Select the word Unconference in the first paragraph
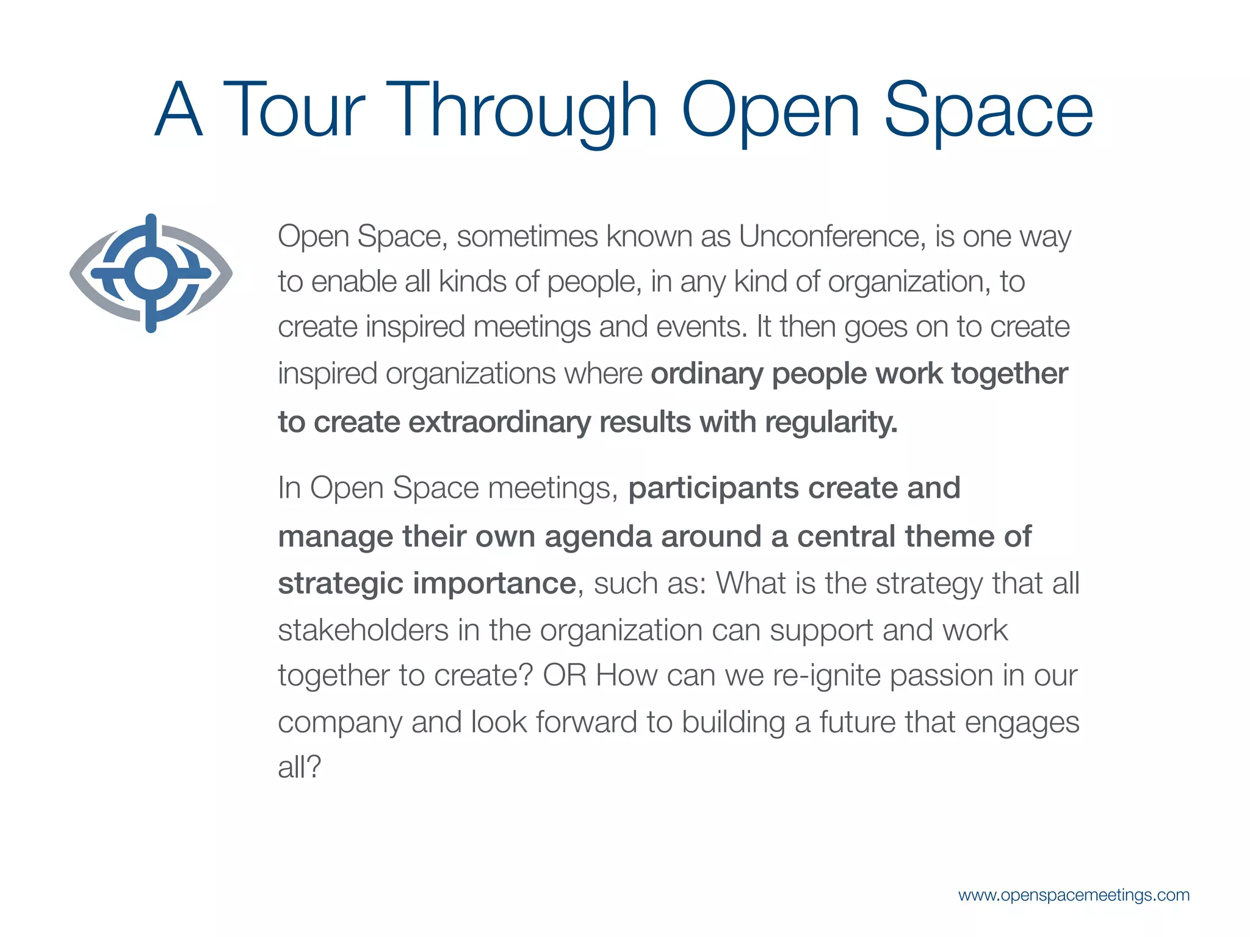click(x=829, y=236)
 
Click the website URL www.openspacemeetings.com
click(x=1074, y=895)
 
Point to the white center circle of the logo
click(x=151, y=274)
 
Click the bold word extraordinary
click(x=500, y=422)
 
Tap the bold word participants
click(x=714, y=489)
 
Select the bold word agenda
click(x=598, y=537)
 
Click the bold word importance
click(x=494, y=583)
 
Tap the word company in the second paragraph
click(x=339, y=723)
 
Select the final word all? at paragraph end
click(x=299, y=767)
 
